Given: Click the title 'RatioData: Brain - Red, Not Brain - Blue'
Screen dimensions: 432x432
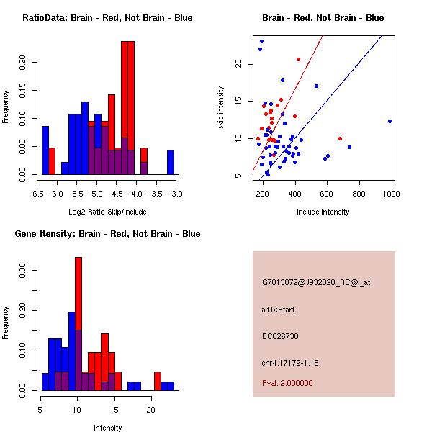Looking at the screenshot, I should click(x=107, y=17).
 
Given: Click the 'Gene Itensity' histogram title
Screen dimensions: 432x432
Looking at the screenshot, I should click(x=107, y=234).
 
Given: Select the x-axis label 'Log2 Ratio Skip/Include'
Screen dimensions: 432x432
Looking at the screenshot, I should click(x=107, y=212).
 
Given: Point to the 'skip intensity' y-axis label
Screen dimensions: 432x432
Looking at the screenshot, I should click(x=221, y=108).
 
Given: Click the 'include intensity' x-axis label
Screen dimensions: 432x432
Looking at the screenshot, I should click(x=323, y=212).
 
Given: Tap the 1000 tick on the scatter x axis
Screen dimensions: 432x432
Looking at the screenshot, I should click(x=392, y=193).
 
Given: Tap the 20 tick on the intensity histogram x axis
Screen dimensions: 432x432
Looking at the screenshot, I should click(x=150, y=409).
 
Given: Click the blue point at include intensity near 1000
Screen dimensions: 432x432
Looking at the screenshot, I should click(x=390, y=121).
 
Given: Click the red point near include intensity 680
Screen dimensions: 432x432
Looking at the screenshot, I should click(x=340, y=138).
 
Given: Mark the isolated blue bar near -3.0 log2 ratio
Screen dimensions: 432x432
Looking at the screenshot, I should click(x=171, y=162).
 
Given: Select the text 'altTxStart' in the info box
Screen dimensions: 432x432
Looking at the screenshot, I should click(x=279, y=310).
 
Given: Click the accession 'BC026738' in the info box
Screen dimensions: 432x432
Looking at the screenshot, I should click(x=280, y=336).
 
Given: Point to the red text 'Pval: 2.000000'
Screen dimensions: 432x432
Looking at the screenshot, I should click(x=287, y=383).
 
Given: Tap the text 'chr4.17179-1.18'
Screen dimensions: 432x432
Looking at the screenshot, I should click(x=290, y=362).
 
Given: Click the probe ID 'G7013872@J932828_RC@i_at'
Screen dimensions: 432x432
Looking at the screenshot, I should click(x=316, y=283).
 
